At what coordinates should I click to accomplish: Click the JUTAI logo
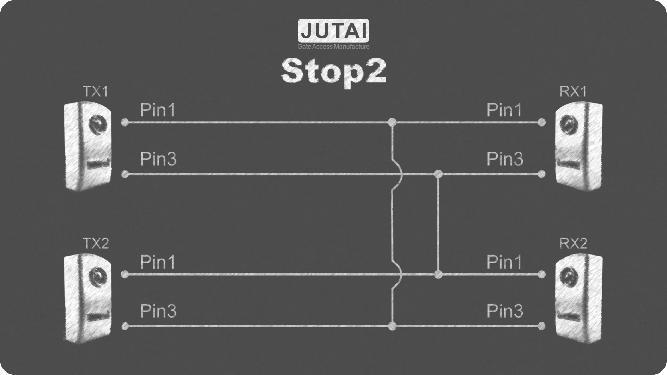point(333,31)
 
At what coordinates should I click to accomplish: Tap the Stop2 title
point(333,71)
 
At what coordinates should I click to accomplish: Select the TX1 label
point(95,92)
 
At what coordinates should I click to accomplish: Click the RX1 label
point(573,92)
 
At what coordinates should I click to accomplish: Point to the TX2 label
point(96,244)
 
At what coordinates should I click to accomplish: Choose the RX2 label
point(573,244)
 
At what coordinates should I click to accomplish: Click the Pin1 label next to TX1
point(158,110)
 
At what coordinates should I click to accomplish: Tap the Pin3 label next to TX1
point(158,159)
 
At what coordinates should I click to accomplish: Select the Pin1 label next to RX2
point(504,262)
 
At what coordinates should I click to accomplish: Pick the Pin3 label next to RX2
point(505,311)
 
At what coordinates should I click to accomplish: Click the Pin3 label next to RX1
point(505,159)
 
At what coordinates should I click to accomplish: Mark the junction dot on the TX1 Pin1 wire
point(392,122)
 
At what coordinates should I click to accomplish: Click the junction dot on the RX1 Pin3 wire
point(438,174)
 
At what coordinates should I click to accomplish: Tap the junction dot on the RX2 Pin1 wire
point(438,274)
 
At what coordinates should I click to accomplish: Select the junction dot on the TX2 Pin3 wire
point(392,326)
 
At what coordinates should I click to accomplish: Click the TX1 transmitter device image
point(88,146)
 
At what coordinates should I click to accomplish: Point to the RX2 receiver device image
point(578,298)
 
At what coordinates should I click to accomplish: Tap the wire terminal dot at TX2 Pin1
point(125,274)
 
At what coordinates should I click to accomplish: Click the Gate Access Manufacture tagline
point(333,47)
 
